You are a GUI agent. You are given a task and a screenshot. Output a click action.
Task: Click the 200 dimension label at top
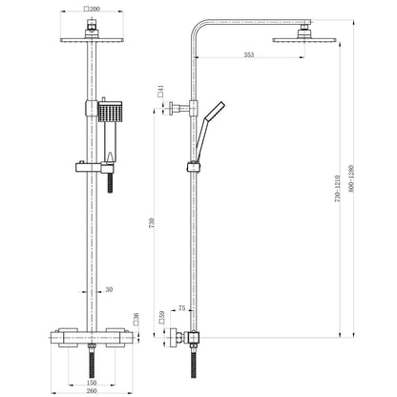[x=92, y=9]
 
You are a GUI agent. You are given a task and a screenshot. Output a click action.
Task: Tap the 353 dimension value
[x=249, y=54]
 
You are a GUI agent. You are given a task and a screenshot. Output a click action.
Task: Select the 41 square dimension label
[x=160, y=91]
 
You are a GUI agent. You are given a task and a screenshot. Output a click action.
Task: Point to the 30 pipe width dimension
[x=109, y=289]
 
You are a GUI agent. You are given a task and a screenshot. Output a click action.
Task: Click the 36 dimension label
[x=136, y=319]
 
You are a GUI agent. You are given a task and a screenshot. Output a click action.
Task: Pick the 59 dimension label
[x=162, y=317]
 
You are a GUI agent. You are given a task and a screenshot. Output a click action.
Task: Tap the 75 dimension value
[x=181, y=308]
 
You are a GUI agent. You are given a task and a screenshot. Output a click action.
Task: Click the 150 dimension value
[x=92, y=383]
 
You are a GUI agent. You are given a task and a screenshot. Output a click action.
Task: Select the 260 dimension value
[x=92, y=390]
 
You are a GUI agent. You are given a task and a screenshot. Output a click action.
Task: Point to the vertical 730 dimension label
[x=152, y=222]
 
